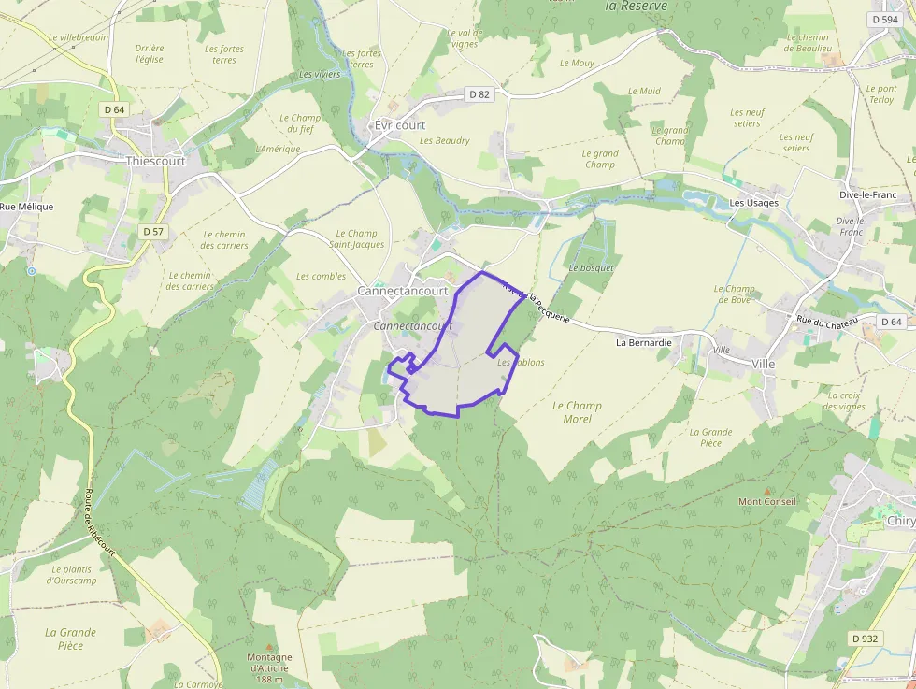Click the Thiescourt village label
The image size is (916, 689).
[156, 161]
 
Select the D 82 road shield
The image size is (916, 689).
[479, 94]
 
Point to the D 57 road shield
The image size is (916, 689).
[153, 231]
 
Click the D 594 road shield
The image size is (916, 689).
[884, 19]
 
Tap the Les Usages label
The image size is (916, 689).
[753, 203]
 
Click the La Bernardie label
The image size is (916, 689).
[643, 343]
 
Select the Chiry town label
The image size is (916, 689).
[901, 521]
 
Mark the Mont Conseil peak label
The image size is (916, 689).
[767, 502]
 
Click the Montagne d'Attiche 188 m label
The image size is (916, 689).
[269, 662]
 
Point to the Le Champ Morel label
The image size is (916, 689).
[577, 412]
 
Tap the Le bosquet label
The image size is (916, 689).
[591, 268]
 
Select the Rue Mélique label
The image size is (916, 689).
[26, 207]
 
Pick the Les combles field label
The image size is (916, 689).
[321, 277]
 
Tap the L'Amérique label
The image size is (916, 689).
[278, 150]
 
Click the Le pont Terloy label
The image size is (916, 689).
[881, 94]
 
